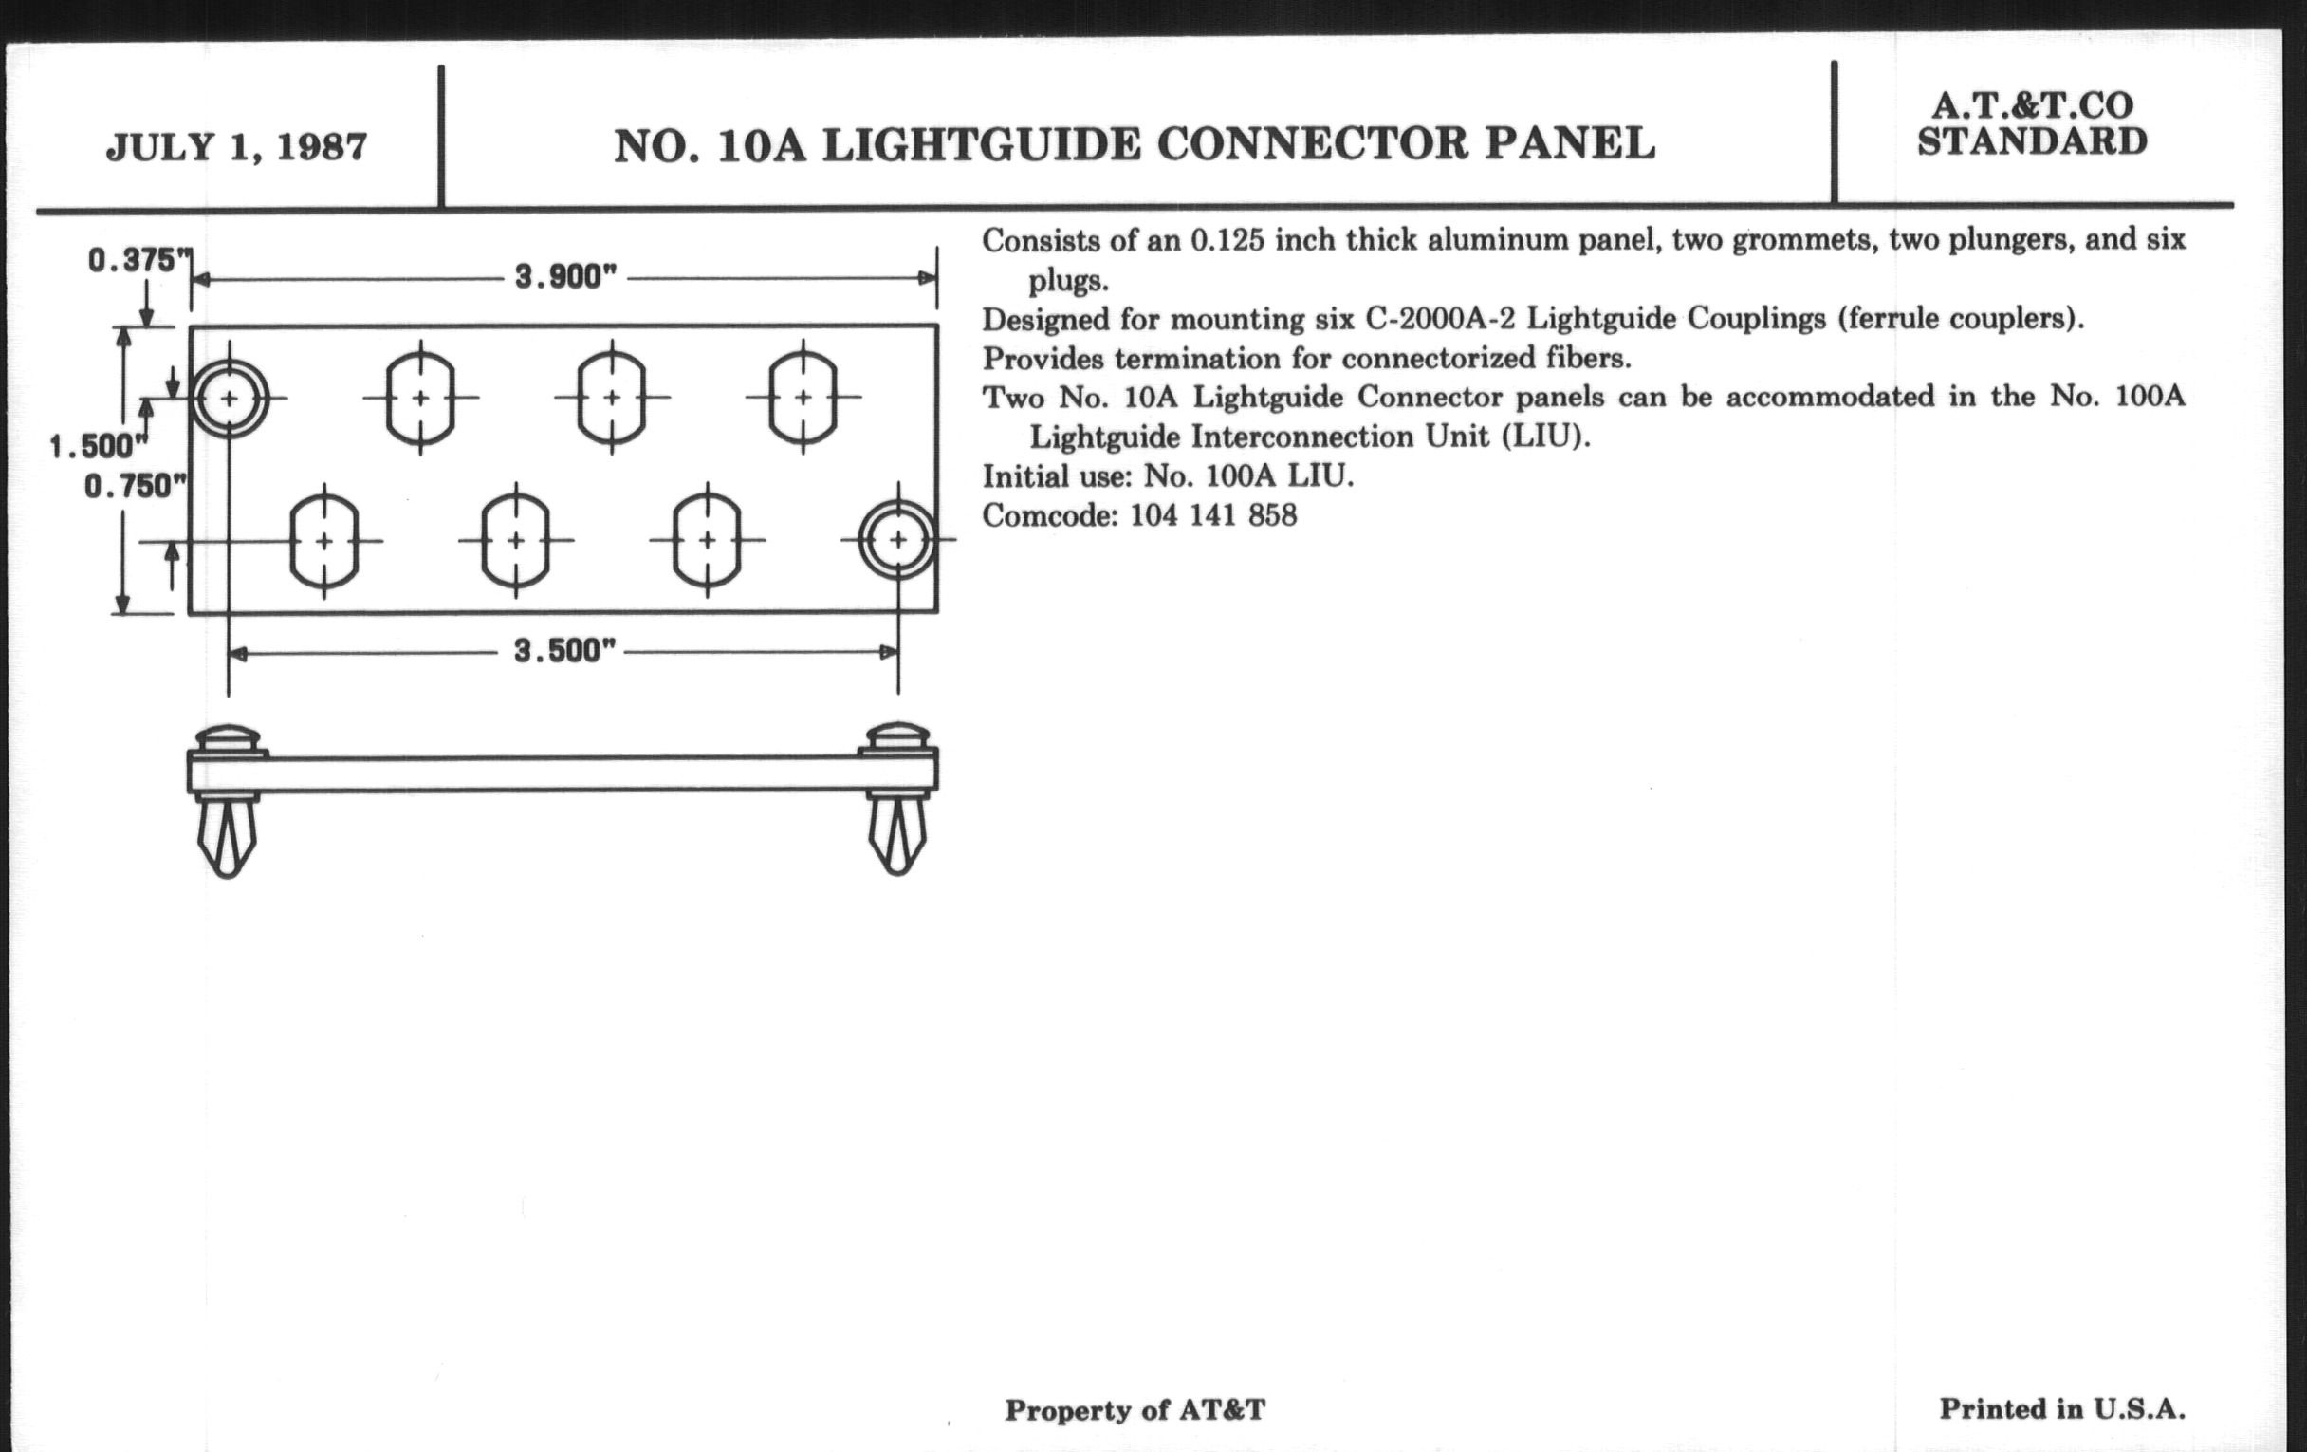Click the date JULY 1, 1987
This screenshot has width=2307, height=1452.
click(236, 147)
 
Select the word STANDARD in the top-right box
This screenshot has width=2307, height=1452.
click(2031, 141)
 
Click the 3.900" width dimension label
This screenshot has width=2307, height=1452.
click(564, 277)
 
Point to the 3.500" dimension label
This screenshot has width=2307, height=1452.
click(563, 652)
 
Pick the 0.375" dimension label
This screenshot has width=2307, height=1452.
click(134, 260)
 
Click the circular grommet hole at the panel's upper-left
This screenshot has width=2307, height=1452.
click(229, 398)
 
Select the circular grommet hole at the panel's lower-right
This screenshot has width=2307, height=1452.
click(897, 540)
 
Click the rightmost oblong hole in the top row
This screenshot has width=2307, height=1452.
click(803, 397)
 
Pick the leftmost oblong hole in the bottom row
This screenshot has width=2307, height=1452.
click(324, 541)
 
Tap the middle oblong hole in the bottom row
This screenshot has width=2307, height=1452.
click(516, 541)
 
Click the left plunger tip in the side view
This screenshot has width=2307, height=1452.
click(227, 839)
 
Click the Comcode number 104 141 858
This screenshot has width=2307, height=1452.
click(1213, 515)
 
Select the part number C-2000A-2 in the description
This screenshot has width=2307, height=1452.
click(1439, 318)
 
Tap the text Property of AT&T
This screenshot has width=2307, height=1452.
click(1135, 1410)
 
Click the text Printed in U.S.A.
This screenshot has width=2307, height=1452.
click(2061, 1408)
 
